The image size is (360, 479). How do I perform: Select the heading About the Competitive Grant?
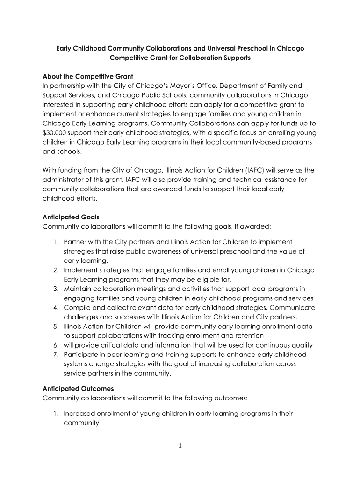click(x=88, y=76)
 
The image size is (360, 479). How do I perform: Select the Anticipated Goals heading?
click(x=71, y=217)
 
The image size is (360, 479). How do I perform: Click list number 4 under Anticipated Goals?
click(x=55, y=307)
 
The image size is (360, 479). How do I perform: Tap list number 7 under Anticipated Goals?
click(x=55, y=354)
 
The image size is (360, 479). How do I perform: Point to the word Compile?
click(x=77, y=307)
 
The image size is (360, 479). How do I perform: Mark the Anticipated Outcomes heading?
click(x=78, y=389)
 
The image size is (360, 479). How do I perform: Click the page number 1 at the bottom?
click(x=180, y=445)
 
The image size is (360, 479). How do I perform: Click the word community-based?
click(x=250, y=142)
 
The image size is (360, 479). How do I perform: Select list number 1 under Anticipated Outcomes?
click(x=55, y=414)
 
